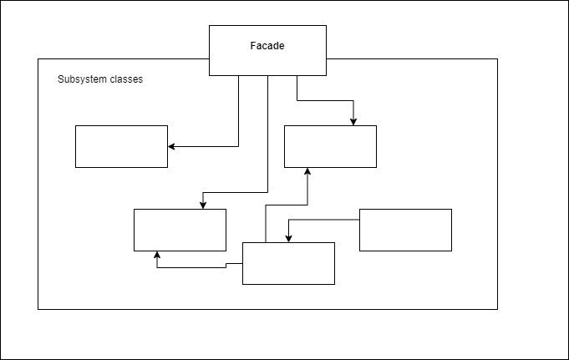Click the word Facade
point(267,46)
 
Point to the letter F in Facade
point(252,46)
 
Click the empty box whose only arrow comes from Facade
point(121,147)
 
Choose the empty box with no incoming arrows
point(406,230)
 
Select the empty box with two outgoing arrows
point(288,263)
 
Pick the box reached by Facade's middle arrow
point(180,230)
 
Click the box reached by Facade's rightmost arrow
point(330,147)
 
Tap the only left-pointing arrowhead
point(171,147)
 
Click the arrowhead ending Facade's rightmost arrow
point(353,122)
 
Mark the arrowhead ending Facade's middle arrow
point(203,205)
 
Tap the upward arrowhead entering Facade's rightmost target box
point(307,171)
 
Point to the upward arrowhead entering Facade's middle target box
point(157,255)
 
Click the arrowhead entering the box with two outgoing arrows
point(288,239)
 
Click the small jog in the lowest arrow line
point(226,266)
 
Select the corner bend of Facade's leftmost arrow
point(238,147)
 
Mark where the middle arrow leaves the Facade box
point(268,76)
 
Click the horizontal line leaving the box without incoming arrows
point(324,220)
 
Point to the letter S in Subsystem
point(60,79)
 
